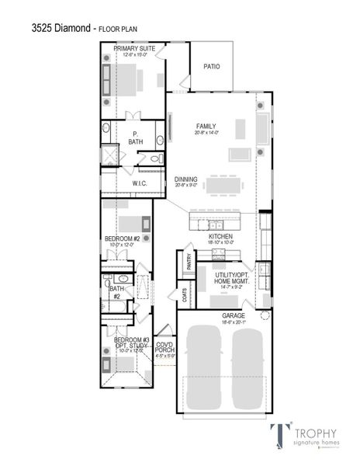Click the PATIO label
coord(211,67)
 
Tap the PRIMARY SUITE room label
coord(134,48)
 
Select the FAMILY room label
coord(206,127)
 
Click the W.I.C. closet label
coord(140,183)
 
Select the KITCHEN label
coord(220,235)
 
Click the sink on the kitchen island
coord(216,224)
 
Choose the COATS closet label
coord(185,296)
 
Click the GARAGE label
coord(234,316)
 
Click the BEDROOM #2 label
coord(122,239)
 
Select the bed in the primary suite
coord(128,79)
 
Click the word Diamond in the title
coord(73,28)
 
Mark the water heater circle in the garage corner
coord(265,315)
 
